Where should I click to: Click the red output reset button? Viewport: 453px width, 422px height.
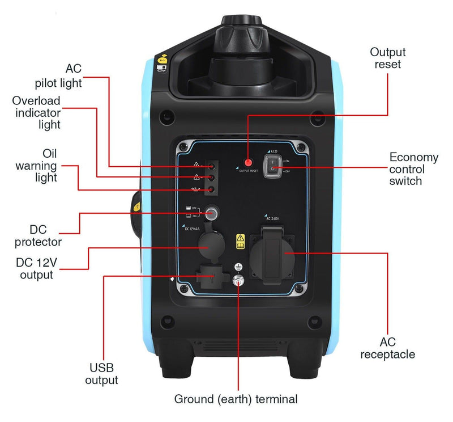pos(248,163)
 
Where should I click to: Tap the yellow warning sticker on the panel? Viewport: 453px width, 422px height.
pos(241,242)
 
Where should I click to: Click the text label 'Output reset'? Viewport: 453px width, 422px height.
pos(388,58)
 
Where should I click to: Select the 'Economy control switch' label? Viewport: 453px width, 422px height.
pos(413,169)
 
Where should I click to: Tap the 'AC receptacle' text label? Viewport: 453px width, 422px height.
pos(388,348)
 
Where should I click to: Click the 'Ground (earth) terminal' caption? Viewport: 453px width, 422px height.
pos(236,399)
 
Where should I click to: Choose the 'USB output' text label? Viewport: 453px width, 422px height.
pos(102,373)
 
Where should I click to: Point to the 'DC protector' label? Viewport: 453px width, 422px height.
pos(46,235)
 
